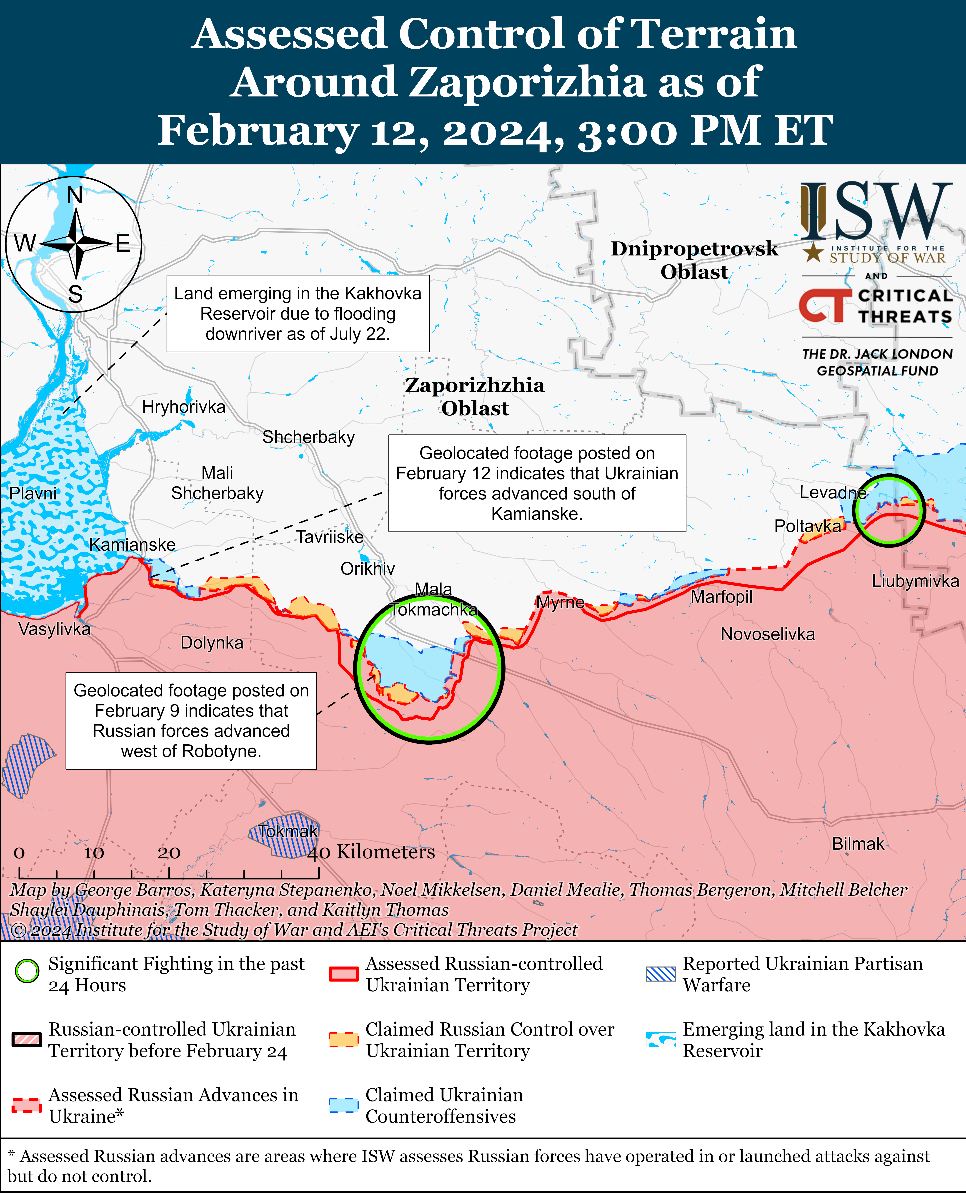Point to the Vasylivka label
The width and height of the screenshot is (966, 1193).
(54, 629)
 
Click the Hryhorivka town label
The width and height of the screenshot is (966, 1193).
(184, 407)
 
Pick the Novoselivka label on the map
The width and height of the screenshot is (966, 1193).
(767, 634)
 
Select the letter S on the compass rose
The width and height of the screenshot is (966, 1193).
(75, 294)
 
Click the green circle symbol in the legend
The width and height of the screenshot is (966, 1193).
(27, 971)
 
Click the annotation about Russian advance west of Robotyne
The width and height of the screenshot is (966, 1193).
(191, 721)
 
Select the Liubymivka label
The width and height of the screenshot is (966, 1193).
(915, 581)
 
